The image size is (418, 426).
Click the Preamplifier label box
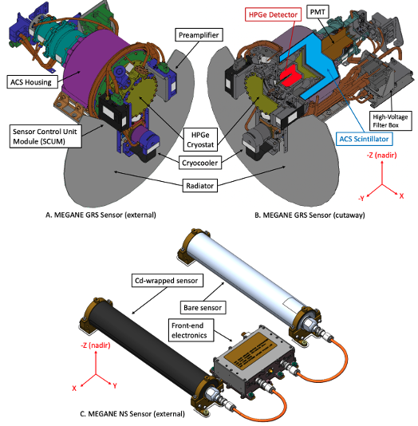[199, 35]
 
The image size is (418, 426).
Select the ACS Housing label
[32, 82]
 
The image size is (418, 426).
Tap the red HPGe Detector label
[273, 14]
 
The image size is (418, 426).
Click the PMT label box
[317, 12]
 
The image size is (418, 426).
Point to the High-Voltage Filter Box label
[390, 120]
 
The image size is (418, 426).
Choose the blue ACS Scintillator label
[364, 139]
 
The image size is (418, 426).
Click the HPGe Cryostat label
[200, 140]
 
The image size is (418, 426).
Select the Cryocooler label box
[200, 163]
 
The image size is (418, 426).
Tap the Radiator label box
[200, 186]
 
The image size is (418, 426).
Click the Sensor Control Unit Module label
[45, 136]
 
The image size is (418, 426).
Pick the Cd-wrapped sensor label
[167, 280]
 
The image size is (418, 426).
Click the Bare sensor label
[203, 308]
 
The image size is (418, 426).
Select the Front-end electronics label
[191, 330]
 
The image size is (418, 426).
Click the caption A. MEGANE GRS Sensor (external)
[101, 215]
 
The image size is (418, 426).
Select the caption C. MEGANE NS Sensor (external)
[132, 414]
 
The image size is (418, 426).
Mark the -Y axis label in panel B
[361, 199]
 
